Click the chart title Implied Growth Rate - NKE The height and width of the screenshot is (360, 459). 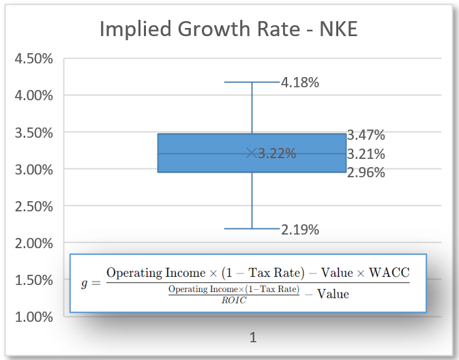(228, 29)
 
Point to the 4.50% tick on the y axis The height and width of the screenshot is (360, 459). (33, 58)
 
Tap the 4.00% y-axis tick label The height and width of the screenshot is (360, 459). (33, 95)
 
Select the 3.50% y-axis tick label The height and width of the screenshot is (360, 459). (33, 132)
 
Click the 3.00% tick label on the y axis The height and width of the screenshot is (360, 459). (33, 169)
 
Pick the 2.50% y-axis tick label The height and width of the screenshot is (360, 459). (33, 206)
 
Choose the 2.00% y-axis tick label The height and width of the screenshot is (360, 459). (33, 243)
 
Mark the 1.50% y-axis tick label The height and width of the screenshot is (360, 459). (33, 280)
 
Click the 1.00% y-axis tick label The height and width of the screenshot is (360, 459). (33, 317)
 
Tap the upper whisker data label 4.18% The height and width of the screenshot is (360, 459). (299, 82)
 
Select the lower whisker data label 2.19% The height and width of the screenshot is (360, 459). (299, 230)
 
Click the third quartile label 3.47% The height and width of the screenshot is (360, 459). (366, 134)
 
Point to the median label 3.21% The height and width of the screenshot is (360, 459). (366, 153)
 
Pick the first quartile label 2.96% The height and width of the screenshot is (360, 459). (366, 172)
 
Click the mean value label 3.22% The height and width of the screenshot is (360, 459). (277, 153)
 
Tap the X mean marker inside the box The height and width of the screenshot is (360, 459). (252, 153)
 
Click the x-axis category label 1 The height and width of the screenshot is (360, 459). (252, 337)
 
